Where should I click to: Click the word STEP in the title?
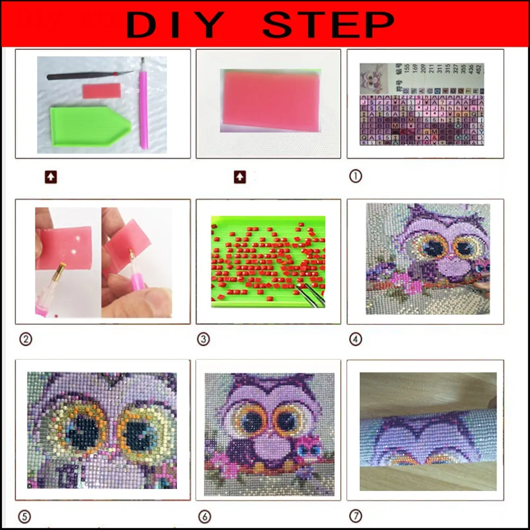(329, 24)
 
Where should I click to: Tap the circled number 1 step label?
(355, 176)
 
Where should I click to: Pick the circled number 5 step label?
(23, 516)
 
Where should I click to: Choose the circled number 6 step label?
(204, 516)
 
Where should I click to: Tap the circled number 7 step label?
(355, 516)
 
